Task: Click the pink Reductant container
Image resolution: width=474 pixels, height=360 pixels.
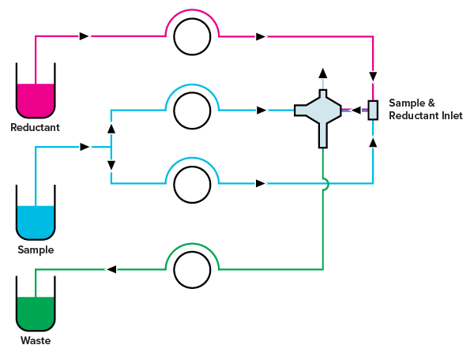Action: point(36,99)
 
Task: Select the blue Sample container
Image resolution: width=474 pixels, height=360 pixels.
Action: point(36,222)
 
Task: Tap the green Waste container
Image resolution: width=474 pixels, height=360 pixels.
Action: point(36,313)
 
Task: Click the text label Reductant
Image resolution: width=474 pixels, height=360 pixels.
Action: point(35,127)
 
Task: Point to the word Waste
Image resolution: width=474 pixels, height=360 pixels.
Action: point(36,341)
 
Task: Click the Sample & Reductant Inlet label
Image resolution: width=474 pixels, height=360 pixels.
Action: point(425,110)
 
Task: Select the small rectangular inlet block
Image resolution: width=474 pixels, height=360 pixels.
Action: point(373,110)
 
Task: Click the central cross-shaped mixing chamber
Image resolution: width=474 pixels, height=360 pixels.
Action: point(320,111)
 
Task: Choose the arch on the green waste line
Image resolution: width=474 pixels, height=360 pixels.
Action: point(192,255)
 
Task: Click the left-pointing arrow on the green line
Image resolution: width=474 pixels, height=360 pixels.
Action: point(111,269)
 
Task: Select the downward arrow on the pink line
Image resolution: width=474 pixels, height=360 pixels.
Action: point(373,77)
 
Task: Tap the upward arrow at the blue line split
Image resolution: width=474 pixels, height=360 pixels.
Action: point(111,128)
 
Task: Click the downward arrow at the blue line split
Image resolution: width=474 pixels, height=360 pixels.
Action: point(111,165)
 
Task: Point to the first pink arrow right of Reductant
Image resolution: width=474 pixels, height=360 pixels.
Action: point(85,36)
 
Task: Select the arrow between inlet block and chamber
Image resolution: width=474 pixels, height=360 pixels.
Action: point(355,110)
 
